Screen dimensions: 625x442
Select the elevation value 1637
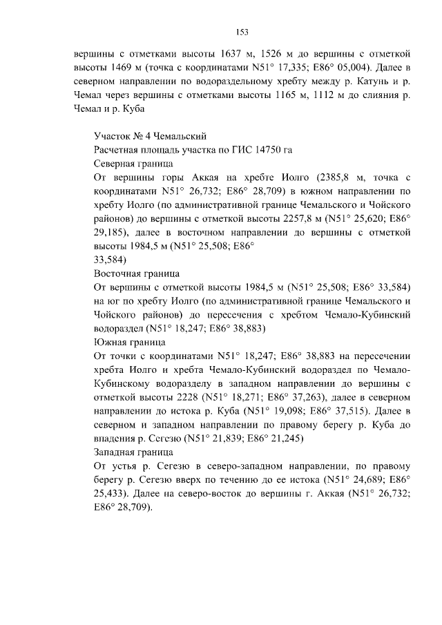[x=225, y=52]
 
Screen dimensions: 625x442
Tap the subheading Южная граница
[x=128, y=342]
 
